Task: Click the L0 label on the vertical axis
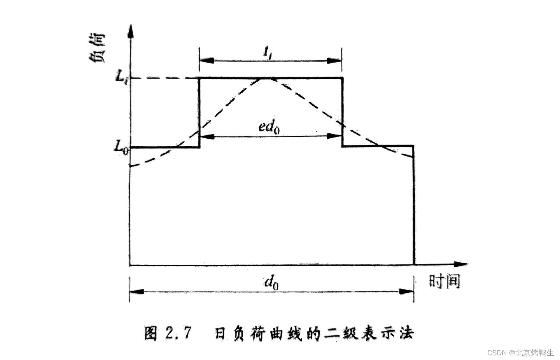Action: [121, 147]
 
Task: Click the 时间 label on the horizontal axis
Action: [444, 280]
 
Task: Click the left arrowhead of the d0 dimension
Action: [137, 291]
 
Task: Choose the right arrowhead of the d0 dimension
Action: [406, 291]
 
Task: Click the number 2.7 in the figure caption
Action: [179, 334]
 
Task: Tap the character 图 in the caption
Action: [151, 334]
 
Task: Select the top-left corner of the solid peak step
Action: [200, 78]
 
